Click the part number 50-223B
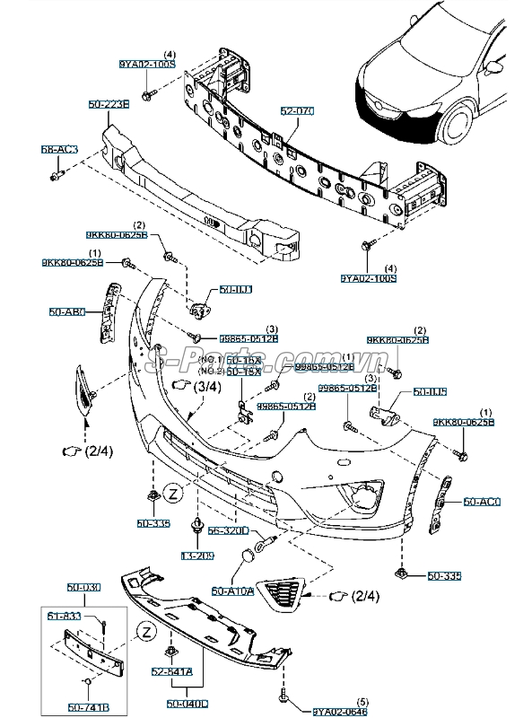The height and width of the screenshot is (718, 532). click(109, 104)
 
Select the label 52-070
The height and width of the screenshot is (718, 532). click(297, 110)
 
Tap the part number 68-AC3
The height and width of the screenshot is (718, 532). click(59, 149)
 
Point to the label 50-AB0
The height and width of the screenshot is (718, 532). click(66, 312)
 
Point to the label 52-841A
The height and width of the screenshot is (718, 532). click(170, 671)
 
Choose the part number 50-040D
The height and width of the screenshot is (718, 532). click(187, 704)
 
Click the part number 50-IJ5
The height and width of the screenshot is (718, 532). click(430, 392)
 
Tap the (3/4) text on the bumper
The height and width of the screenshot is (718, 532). click(207, 386)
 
